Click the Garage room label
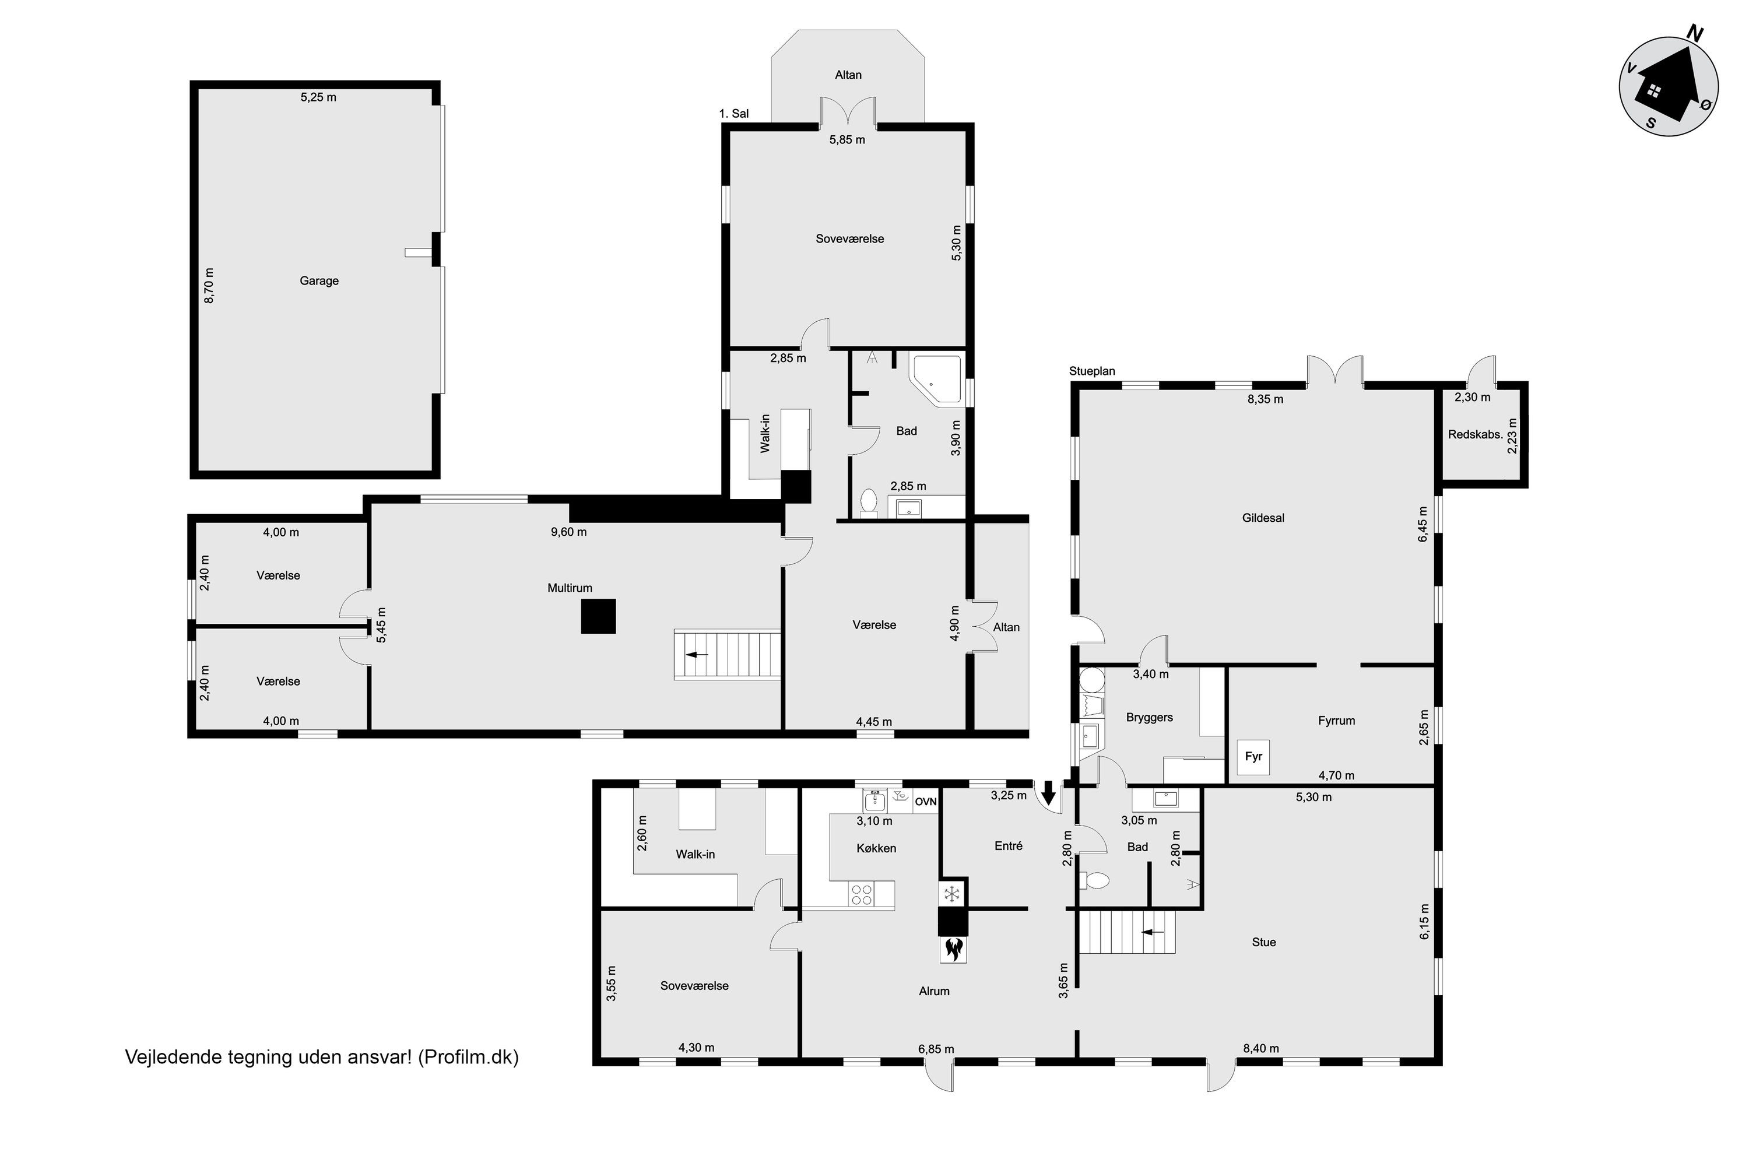click(x=319, y=281)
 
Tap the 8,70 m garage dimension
click(x=209, y=286)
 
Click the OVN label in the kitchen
click(x=926, y=802)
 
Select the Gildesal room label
click(x=1263, y=518)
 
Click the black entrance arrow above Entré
click(x=1048, y=793)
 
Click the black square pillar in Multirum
click(x=598, y=616)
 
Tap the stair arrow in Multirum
click(x=697, y=654)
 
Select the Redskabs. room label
click(x=1476, y=435)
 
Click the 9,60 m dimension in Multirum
click(x=569, y=532)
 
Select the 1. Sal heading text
click(x=734, y=114)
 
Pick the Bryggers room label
click(x=1150, y=718)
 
